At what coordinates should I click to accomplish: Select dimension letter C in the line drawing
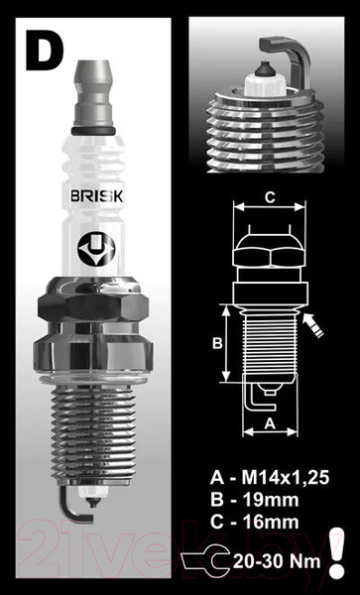(x=269, y=198)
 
